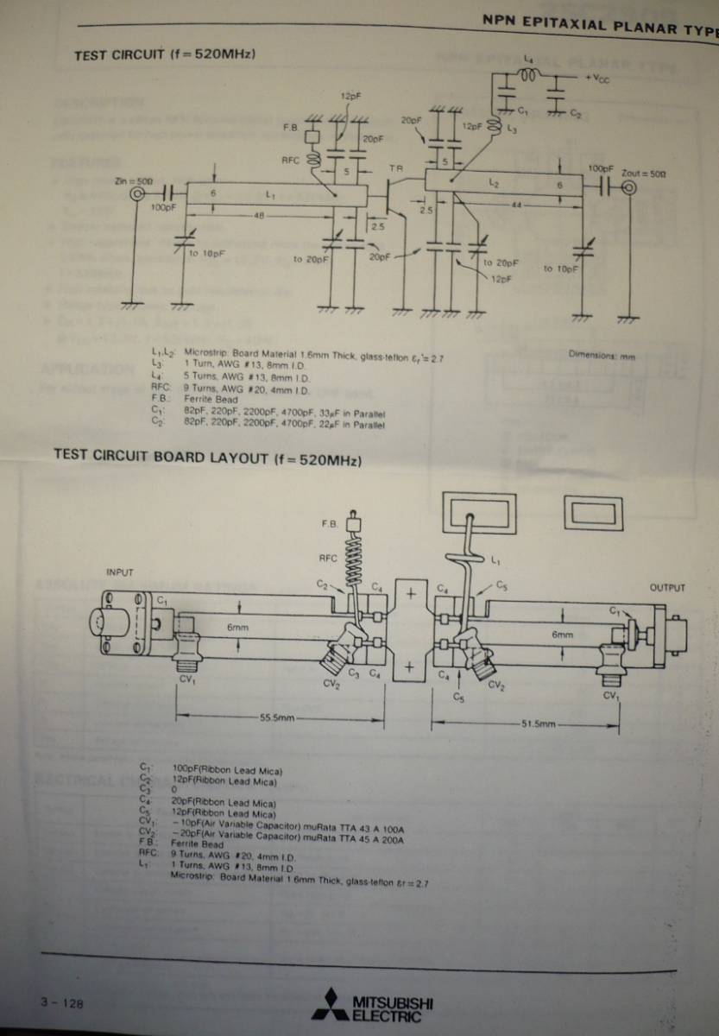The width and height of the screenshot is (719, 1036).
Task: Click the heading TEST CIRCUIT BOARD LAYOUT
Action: pos(207,456)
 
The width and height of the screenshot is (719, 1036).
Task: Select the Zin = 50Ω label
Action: pos(133,181)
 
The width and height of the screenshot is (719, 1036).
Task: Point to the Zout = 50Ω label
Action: pos(644,174)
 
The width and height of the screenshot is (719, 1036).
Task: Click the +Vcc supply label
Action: pos(597,79)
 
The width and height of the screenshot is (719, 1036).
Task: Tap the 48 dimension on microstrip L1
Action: pos(258,214)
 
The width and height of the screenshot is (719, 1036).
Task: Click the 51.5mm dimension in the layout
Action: pos(539,723)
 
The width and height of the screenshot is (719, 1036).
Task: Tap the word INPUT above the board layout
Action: pos(120,572)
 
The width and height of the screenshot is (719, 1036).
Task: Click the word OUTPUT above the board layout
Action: pos(667,588)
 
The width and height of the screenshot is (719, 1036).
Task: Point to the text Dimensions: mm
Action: pos(602,355)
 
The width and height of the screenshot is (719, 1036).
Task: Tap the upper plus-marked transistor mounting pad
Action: pos(411,595)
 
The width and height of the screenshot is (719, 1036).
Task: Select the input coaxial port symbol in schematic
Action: pos(137,195)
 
